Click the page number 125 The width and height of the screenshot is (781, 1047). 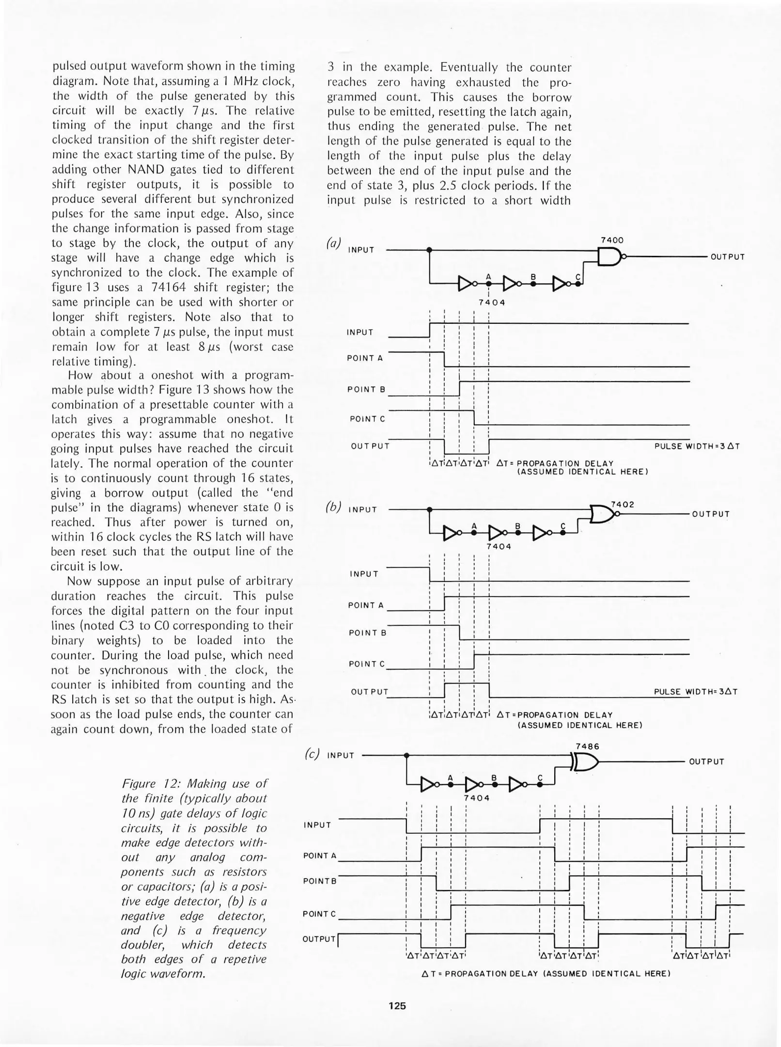[397, 1006]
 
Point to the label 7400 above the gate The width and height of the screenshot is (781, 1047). [612, 240]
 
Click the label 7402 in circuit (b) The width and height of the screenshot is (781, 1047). [623, 504]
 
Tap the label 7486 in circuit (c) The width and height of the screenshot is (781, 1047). [587, 746]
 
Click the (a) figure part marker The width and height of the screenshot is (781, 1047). [333, 242]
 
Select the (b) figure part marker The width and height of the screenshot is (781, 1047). [333, 507]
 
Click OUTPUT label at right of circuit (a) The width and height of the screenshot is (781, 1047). [727, 257]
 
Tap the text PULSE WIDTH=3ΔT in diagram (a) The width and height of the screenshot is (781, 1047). [697, 446]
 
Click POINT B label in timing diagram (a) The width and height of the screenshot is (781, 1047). [366, 389]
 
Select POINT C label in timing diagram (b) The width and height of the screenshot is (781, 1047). [367, 664]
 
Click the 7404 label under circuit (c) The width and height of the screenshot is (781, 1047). [476, 798]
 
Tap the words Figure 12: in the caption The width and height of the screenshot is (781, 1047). [151, 783]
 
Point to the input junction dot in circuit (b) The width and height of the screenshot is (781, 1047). [429, 509]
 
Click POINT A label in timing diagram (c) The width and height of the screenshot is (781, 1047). [320, 856]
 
